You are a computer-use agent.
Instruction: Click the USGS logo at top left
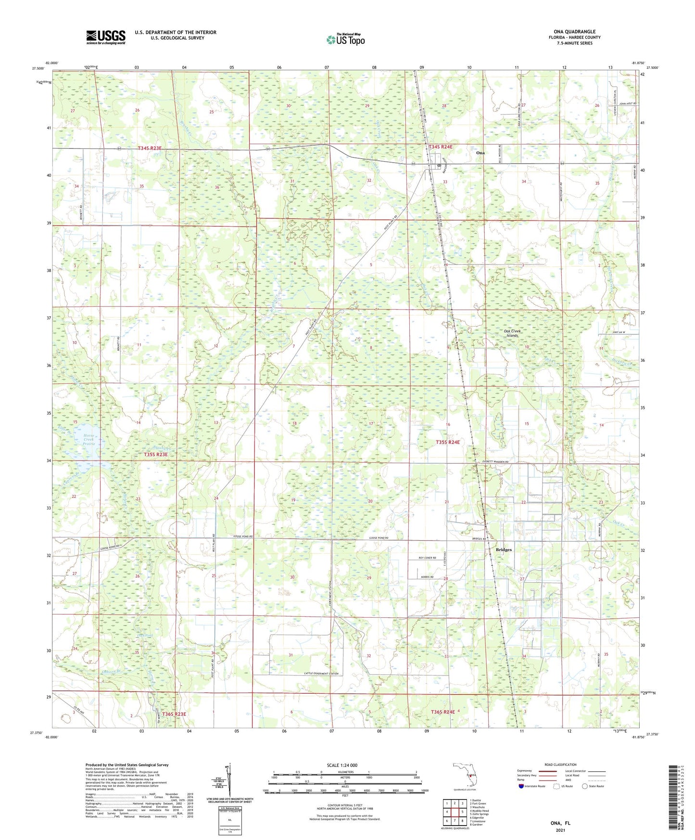[x=106, y=37]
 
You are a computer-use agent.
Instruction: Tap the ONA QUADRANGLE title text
[x=574, y=32]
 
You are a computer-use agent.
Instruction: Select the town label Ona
[x=480, y=153]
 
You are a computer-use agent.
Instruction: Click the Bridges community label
[x=504, y=549]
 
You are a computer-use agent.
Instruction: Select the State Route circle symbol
[x=585, y=786]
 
